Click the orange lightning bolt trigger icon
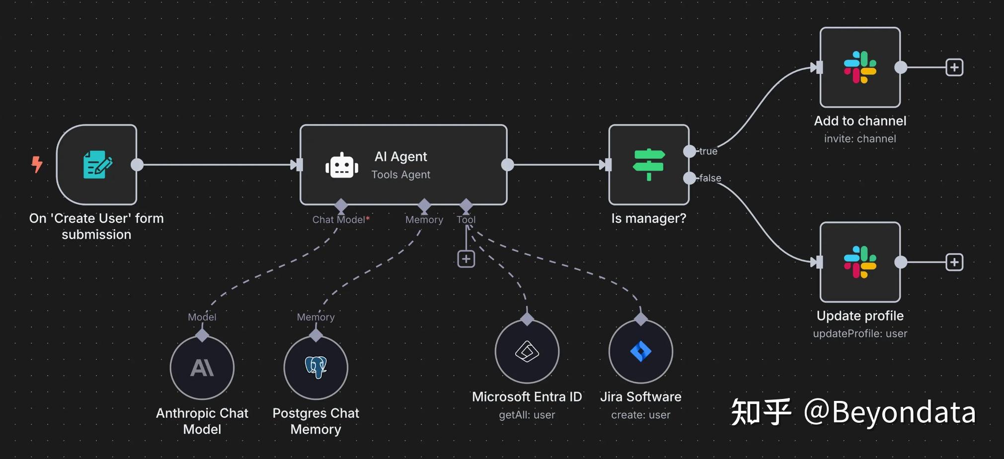click(x=37, y=164)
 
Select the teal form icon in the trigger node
click(x=97, y=164)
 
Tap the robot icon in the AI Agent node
click(x=342, y=166)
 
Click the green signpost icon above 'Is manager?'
click(x=649, y=165)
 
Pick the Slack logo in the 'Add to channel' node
click(x=860, y=67)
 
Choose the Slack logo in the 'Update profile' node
click(x=860, y=262)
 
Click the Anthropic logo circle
click(x=202, y=368)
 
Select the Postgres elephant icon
click(x=316, y=368)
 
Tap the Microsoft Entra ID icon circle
click(x=527, y=351)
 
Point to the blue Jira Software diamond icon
click(x=641, y=351)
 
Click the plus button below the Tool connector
click(x=466, y=259)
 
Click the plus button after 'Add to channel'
click(x=954, y=67)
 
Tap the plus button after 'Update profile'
click(x=954, y=262)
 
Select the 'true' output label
click(x=708, y=151)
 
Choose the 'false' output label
click(x=710, y=178)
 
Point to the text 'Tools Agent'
click(x=401, y=175)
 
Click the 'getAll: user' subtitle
click(x=527, y=415)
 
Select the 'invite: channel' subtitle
click(x=860, y=139)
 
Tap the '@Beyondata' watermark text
click(x=889, y=412)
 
